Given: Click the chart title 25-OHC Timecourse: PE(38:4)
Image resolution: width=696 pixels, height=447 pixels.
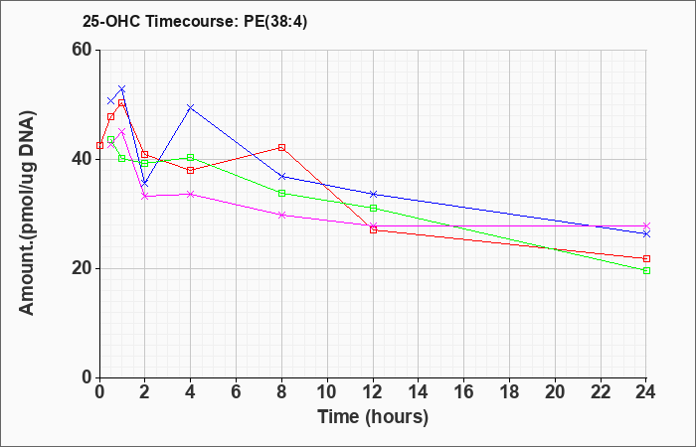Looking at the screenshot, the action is pos(195,22).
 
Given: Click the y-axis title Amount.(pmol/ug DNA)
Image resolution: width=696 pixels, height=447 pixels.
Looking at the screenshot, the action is pos(27,214).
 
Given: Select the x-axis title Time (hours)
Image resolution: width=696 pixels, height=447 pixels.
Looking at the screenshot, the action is pos(373,417).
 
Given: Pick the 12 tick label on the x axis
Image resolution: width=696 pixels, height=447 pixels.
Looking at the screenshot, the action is pos(373,392).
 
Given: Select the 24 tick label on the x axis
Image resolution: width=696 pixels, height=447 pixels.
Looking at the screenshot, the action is pos(646,392).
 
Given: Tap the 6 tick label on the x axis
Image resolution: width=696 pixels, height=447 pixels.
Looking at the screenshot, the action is pos(237,392).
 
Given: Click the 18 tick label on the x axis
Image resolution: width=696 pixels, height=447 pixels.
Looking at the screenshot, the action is pos(509,392).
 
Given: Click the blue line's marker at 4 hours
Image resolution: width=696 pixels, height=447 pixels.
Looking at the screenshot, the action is pos(191,107).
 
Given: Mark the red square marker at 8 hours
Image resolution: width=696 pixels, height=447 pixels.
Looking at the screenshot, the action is pos(281,147).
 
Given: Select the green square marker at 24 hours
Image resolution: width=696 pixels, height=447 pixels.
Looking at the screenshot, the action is pos(646,270).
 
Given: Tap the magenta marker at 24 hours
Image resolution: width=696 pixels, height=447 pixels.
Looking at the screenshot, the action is pos(646,225).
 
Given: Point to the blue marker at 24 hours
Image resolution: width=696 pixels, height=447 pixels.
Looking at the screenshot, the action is pos(646,233).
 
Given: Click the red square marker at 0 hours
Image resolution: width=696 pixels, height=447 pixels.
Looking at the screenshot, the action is pos(99,145).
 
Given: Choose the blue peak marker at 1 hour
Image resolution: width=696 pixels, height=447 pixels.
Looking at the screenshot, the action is pos(122,88).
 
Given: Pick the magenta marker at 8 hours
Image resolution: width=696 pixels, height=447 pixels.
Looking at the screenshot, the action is pos(281,215).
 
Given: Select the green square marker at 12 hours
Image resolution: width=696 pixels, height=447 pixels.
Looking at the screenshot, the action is pos(373,208).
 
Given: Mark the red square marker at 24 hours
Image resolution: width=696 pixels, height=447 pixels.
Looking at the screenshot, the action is pos(646,258).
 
